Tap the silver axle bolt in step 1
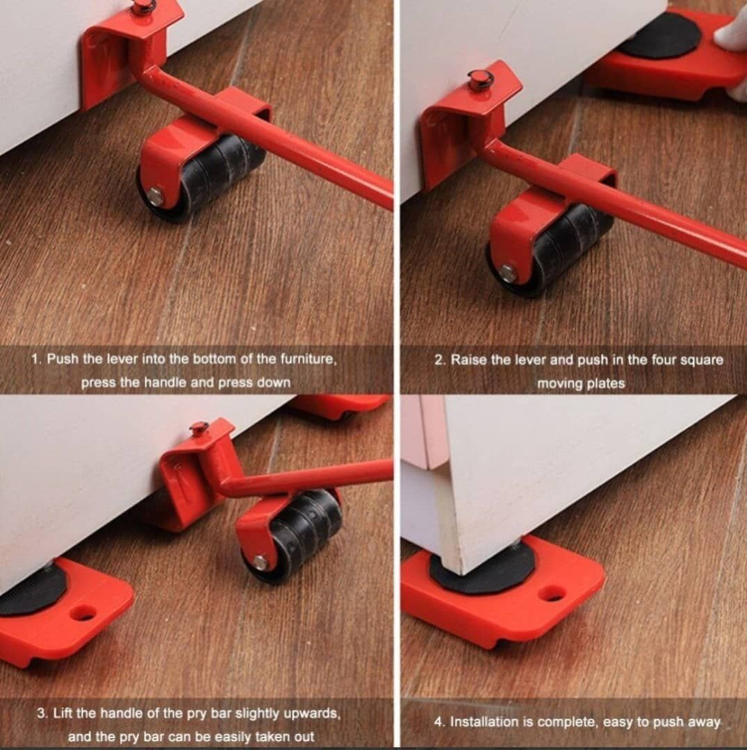pyautogui.click(x=155, y=196)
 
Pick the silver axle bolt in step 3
pyautogui.click(x=260, y=562)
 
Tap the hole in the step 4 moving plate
pyautogui.click(x=552, y=594)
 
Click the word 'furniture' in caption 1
pyautogui.click(x=308, y=359)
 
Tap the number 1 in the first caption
pyautogui.click(x=35, y=359)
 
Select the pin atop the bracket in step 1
pyautogui.click(x=140, y=6)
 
